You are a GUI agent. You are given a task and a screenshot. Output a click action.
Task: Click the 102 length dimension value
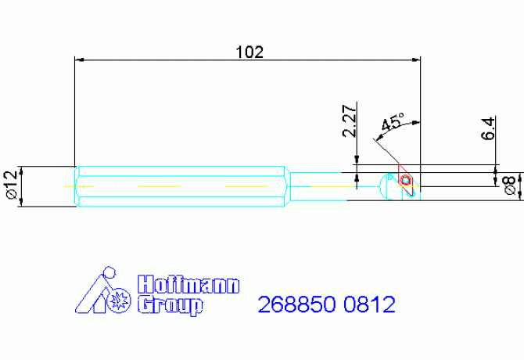(249, 52)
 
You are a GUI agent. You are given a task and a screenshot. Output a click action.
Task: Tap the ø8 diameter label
(509, 185)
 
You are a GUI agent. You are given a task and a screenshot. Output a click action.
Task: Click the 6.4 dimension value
(488, 128)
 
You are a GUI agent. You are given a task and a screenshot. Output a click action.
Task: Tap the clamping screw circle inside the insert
(405, 181)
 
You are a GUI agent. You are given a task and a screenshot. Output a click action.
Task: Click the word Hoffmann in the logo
(188, 284)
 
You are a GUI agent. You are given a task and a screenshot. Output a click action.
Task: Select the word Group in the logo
(170, 304)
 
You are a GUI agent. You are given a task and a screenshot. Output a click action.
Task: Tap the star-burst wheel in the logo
(120, 299)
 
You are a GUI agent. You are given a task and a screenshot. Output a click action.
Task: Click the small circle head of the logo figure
(110, 273)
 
